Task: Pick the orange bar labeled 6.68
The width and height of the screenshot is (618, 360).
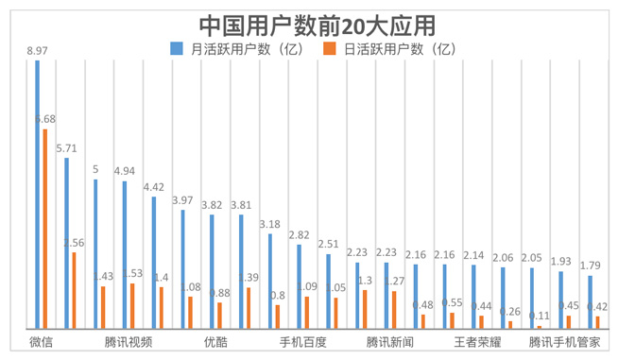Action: (44, 228)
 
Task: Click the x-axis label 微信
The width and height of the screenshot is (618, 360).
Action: (41, 340)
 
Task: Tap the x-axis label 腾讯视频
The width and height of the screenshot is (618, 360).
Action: (128, 340)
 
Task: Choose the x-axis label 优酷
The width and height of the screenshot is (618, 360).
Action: (215, 340)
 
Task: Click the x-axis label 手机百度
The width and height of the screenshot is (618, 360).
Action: (302, 340)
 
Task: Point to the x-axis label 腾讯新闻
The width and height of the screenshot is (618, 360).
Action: (389, 340)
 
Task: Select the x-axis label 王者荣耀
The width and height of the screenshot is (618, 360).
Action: (476, 340)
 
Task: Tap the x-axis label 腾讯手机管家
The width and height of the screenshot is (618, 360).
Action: (564, 340)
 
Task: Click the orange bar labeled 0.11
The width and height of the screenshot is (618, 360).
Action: (540, 326)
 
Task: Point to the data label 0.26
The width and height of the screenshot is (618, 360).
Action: (509, 312)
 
